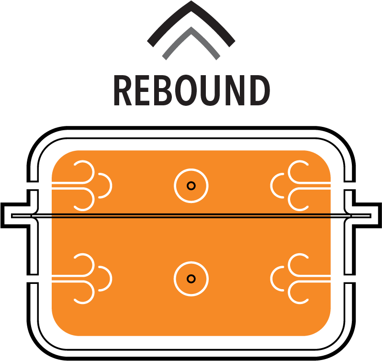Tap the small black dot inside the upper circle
point(191,186)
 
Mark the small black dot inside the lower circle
point(191,279)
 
